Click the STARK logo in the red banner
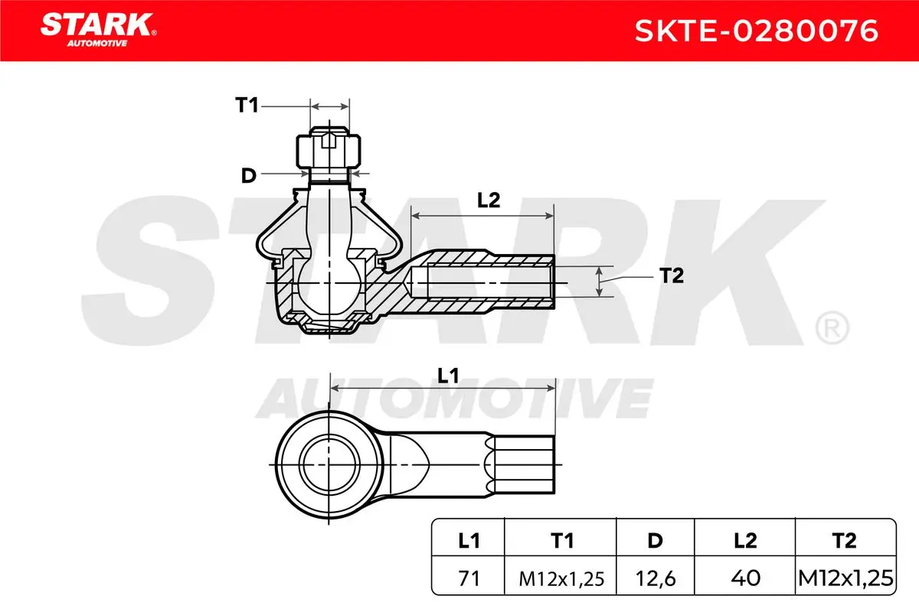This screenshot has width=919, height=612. click(98, 30)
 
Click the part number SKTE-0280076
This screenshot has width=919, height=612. click(757, 31)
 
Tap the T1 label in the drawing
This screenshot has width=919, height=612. click(247, 106)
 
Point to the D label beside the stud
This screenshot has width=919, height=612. click(249, 175)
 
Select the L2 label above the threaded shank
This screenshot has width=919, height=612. click(489, 200)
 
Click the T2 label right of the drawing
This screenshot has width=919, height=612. click(672, 275)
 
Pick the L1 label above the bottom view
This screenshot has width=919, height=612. click(448, 376)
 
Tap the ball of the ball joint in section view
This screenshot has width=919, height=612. click(330, 284)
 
